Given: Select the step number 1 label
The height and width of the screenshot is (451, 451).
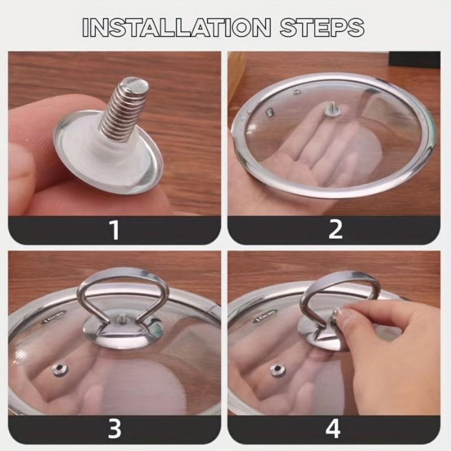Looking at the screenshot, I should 114,230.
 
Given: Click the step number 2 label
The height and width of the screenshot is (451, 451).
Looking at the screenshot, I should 335,230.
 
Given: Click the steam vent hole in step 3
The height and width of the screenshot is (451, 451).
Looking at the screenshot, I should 59,369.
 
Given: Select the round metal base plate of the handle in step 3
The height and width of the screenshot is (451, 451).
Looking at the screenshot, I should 121,330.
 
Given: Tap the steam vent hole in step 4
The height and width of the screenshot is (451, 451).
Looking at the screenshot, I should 277,370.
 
